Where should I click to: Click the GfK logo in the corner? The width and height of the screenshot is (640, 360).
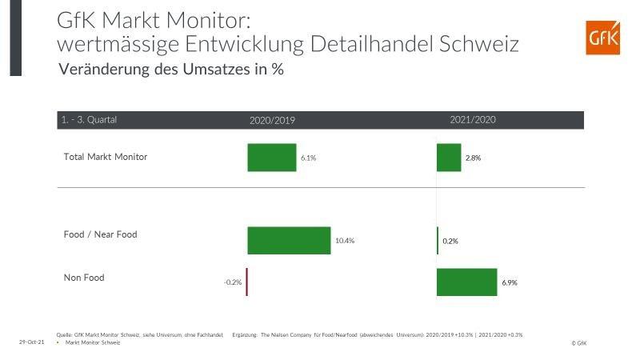[x=603, y=37]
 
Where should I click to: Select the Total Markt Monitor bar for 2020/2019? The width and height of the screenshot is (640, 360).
[x=271, y=158]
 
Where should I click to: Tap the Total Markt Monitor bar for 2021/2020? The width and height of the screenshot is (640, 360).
[x=449, y=158]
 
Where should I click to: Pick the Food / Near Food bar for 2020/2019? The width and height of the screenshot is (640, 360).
[x=289, y=240]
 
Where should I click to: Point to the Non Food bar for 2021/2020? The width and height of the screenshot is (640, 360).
[x=466, y=282]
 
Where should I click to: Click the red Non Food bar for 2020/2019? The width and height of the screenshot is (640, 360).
[x=246, y=282]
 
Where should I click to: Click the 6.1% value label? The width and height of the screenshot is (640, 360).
[x=309, y=158]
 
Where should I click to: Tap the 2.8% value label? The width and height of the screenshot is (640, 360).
[x=473, y=158]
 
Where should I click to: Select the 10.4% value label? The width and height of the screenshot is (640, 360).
[x=345, y=241]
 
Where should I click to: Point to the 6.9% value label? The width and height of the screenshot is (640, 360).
[x=510, y=283]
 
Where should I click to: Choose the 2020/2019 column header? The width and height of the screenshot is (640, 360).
[x=272, y=120]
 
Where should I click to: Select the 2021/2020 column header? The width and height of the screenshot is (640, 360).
[x=473, y=120]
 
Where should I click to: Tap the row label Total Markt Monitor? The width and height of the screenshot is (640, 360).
[x=105, y=157]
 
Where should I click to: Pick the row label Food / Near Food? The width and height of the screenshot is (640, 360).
[x=100, y=234]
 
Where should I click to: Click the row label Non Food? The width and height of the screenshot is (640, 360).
[x=84, y=278]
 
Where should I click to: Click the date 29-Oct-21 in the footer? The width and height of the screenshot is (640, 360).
[x=31, y=342]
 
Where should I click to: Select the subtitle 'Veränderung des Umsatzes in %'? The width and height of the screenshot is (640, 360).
[x=171, y=70]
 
